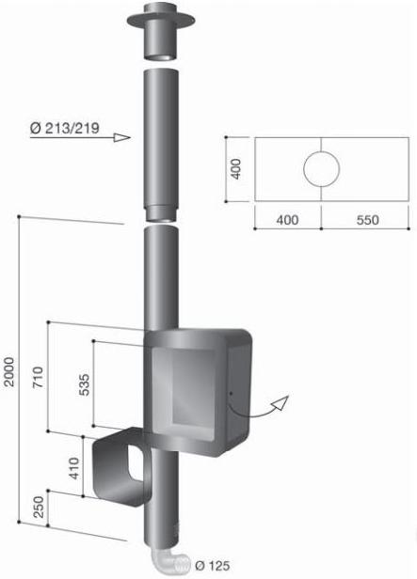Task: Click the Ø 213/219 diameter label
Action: click(x=65, y=128)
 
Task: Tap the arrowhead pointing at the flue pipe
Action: click(x=122, y=138)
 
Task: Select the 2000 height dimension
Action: click(x=8, y=371)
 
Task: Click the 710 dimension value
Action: click(x=38, y=377)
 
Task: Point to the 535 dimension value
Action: click(x=85, y=384)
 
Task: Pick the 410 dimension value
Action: click(x=74, y=468)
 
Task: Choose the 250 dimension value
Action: click(x=39, y=507)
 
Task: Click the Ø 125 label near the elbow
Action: click(x=212, y=565)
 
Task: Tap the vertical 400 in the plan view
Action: click(x=236, y=169)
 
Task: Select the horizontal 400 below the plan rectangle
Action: click(x=287, y=220)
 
